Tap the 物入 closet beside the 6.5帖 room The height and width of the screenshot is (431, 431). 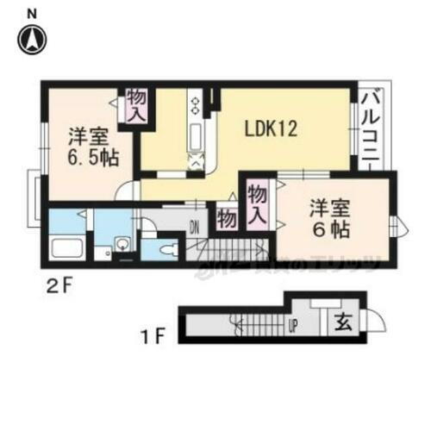tap(137, 106)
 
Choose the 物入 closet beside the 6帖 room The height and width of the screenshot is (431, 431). tap(257, 204)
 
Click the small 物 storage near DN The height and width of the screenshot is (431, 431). tap(227, 218)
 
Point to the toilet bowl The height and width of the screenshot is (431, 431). tap(171, 251)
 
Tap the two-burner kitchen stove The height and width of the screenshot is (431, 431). tap(196, 106)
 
